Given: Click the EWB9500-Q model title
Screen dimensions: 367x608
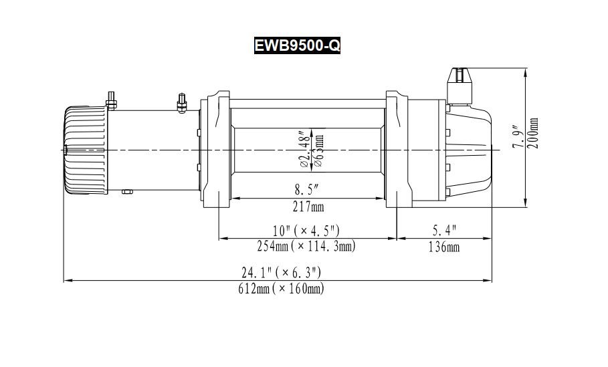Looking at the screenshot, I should pyautogui.click(x=297, y=45).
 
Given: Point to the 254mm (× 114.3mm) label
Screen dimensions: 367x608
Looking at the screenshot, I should pyautogui.click(x=306, y=246).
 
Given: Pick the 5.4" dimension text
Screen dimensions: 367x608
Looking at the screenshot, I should pyautogui.click(x=444, y=231).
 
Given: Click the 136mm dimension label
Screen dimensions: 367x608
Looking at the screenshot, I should pyautogui.click(x=444, y=247).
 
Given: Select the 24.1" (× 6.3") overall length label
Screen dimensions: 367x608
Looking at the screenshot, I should pyautogui.click(x=281, y=273).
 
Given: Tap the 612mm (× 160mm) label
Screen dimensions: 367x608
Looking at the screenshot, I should pyautogui.click(x=281, y=289).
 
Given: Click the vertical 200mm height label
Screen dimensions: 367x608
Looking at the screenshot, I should pyautogui.click(x=533, y=134).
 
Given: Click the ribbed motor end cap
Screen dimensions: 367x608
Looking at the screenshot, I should pyautogui.click(x=85, y=150).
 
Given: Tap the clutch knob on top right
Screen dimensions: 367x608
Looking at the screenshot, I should pyautogui.click(x=461, y=79).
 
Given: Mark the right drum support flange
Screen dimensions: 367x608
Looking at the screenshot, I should pyautogui.click(x=397, y=150).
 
